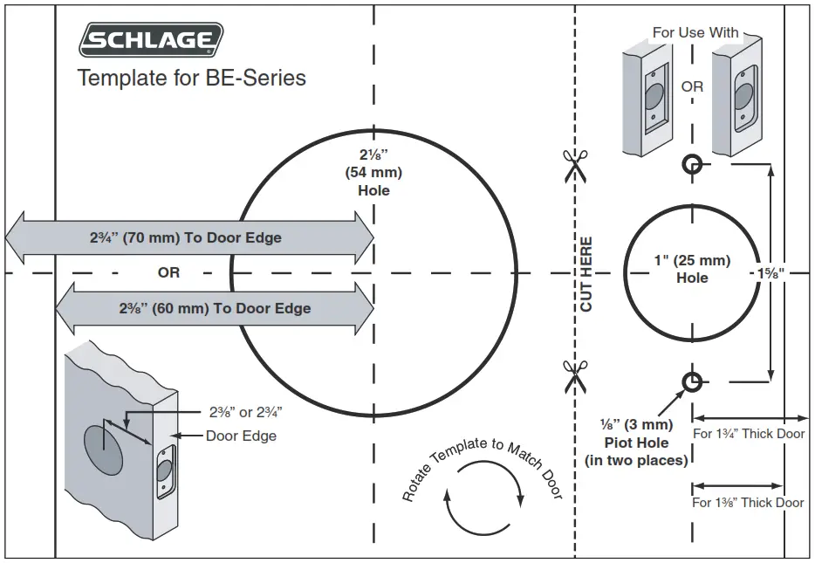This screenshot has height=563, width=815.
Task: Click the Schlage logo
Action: pyautogui.click(x=151, y=40)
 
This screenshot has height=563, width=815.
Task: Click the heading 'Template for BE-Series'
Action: pyautogui.click(x=192, y=78)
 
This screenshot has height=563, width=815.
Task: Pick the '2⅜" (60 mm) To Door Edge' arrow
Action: pyautogui.click(x=215, y=308)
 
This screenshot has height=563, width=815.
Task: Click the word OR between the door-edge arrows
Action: pyautogui.click(x=168, y=272)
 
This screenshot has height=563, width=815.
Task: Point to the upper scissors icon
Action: pyautogui.click(x=575, y=165)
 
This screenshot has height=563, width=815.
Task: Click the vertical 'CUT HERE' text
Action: pyautogui.click(x=586, y=274)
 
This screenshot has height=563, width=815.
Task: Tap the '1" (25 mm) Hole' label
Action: pyautogui.click(x=692, y=269)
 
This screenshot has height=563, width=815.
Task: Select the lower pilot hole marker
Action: pyautogui.click(x=692, y=381)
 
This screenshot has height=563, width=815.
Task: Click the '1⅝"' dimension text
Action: pyautogui.click(x=770, y=272)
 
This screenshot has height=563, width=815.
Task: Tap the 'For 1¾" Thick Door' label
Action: pyautogui.click(x=749, y=433)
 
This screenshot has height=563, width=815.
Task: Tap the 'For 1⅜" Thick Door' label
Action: pyautogui.click(x=749, y=502)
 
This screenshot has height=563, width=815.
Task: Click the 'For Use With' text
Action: pyautogui.click(x=695, y=32)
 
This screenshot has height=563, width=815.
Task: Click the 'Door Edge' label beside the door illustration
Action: pyautogui.click(x=241, y=436)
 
